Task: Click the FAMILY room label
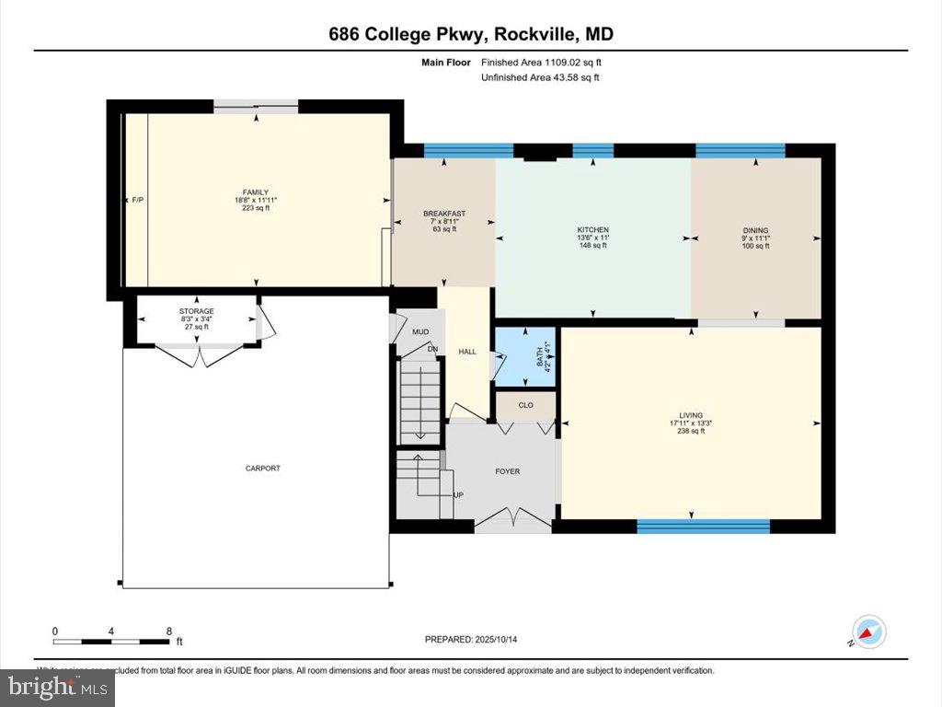tap(255, 192)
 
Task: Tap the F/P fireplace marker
tap(138, 200)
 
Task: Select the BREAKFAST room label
tap(443, 214)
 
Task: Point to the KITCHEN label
tap(592, 230)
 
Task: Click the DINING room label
tap(755, 231)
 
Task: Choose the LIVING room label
tap(691, 416)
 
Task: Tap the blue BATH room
tap(525, 356)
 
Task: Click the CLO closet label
tap(525, 405)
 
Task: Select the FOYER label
tap(507, 471)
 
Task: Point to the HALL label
tap(467, 352)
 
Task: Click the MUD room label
tap(420, 331)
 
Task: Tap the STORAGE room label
tap(197, 311)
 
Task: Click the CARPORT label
tap(262, 469)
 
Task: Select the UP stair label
tap(458, 494)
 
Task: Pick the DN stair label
tap(431, 349)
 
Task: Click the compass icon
tap(867, 632)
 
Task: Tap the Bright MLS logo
tap(57, 687)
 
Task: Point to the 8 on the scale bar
tap(168, 632)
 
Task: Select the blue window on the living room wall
tap(703, 527)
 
